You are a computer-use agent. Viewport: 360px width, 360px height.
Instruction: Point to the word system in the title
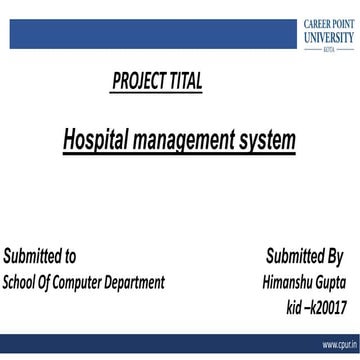click(x=270, y=140)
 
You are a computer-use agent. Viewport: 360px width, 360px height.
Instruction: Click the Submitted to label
click(x=40, y=256)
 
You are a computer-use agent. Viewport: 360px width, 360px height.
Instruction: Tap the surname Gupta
click(x=337, y=282)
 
